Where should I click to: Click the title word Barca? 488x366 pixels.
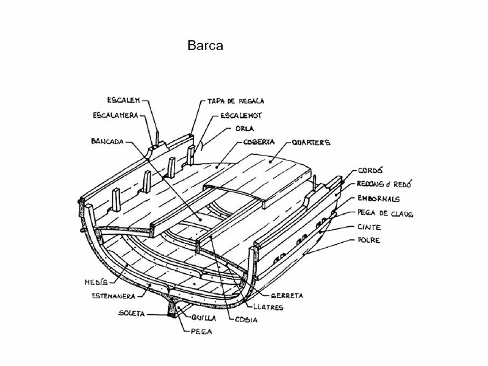pos(205,46)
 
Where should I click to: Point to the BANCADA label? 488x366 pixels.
pos(107,142)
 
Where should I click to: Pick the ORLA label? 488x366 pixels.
pos(244,129)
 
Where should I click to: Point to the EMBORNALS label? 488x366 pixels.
pos(378,199)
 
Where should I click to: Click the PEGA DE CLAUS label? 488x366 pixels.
pos(385,213)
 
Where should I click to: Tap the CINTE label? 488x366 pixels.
pos(370,227)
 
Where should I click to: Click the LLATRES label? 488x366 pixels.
pos(268,307)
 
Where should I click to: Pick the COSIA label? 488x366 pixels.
pos(246,319)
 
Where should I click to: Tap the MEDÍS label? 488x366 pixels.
pos(97,282)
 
